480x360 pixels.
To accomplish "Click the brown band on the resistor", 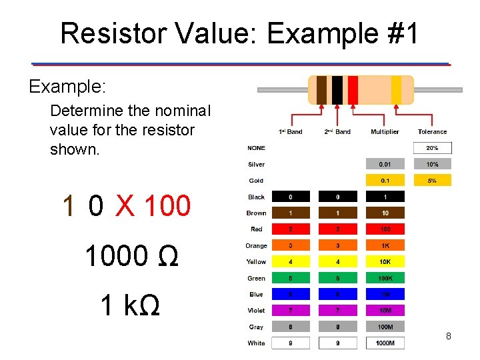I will [321, 90].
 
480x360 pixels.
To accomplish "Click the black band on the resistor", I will [337, 90].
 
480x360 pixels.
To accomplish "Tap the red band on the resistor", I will [353, 90].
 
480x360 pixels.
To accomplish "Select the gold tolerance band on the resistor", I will [396, 90].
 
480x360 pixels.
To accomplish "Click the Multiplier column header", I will [385, 132].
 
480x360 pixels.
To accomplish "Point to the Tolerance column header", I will [432, 132].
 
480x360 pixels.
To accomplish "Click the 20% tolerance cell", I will [432, 148].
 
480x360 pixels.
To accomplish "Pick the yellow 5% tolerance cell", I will [432, 181].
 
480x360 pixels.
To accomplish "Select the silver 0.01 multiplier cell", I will [385, 164].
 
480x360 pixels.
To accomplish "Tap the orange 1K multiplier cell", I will [385, 246].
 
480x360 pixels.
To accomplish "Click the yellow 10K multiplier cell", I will [385, 262].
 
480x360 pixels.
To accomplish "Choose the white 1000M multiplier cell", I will [385, 343].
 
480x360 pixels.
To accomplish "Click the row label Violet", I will [256, 311].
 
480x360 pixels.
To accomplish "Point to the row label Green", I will [256, 279].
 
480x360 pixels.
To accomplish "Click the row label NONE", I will [256, 148].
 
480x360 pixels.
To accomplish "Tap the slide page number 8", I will [448, 337].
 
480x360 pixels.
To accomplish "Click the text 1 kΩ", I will [129, 305].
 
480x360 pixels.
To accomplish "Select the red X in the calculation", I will [124, 206].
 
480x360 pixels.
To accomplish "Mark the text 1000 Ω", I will [131, 256].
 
